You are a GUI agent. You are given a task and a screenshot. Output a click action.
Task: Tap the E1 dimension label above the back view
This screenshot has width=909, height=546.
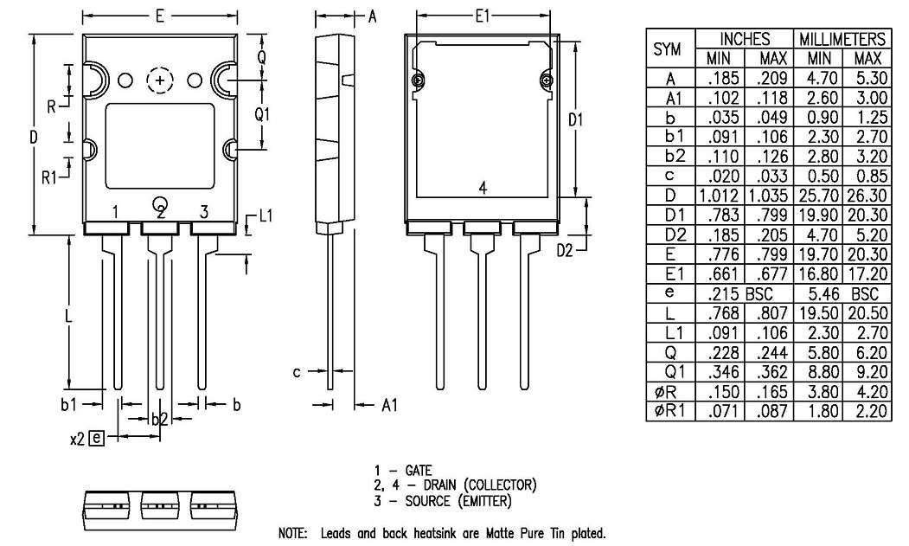tap(483, 16)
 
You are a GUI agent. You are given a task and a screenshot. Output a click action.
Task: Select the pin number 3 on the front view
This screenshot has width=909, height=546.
tap(204, 212)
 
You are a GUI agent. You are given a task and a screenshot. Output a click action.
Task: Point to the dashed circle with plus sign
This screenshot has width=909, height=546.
tap(160, 80)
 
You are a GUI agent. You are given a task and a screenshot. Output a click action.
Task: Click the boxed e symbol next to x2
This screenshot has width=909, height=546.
tap(96, 438)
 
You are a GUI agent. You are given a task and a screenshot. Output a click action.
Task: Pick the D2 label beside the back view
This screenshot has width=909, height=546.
tap(566, 250)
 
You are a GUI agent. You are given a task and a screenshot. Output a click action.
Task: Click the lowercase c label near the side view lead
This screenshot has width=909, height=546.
tap(296, 372)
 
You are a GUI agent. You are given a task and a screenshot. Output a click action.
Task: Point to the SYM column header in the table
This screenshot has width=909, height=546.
tap(668, 50)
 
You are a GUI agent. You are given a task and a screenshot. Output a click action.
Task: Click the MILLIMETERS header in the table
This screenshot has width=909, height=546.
tap(842, 40)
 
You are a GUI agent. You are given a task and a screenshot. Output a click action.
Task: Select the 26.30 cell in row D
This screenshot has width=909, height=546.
tap(867, 216)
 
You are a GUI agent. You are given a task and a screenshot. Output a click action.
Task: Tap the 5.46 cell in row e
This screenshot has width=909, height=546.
tap(818, 294)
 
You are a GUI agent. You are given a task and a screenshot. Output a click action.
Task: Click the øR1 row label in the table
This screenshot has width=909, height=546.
tap(669, 411)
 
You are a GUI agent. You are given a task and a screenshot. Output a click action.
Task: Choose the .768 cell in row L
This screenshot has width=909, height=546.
tap(720, 314)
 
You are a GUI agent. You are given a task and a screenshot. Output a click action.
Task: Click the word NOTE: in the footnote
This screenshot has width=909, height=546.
tap(292, 534)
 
